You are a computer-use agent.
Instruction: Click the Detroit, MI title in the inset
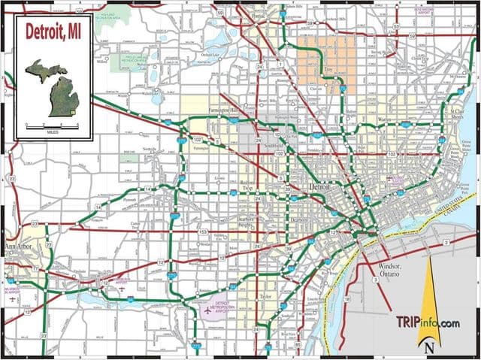(x=53, y=32)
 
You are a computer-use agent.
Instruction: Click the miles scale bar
(x=53, y=124)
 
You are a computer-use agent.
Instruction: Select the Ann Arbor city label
(x=18, y=249)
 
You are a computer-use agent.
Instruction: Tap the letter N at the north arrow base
(x=429, y=347)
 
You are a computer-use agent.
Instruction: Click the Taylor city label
(x=264, y=297)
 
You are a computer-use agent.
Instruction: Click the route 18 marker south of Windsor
(x=346, y=300)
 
